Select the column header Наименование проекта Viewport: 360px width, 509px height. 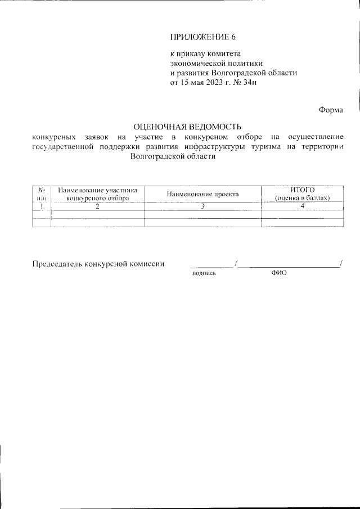[202, 194]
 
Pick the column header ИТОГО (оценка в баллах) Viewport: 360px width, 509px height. [301, 194]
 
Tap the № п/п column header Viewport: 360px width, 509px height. [42, 194]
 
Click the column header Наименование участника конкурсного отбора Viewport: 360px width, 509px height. [97, 194]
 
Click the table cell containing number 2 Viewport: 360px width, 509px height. [97, 206]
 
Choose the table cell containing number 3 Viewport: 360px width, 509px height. [202, 206]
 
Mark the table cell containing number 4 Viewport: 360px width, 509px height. [301, 206]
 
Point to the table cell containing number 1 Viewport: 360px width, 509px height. [42, 206]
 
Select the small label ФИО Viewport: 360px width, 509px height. [278, 273]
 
